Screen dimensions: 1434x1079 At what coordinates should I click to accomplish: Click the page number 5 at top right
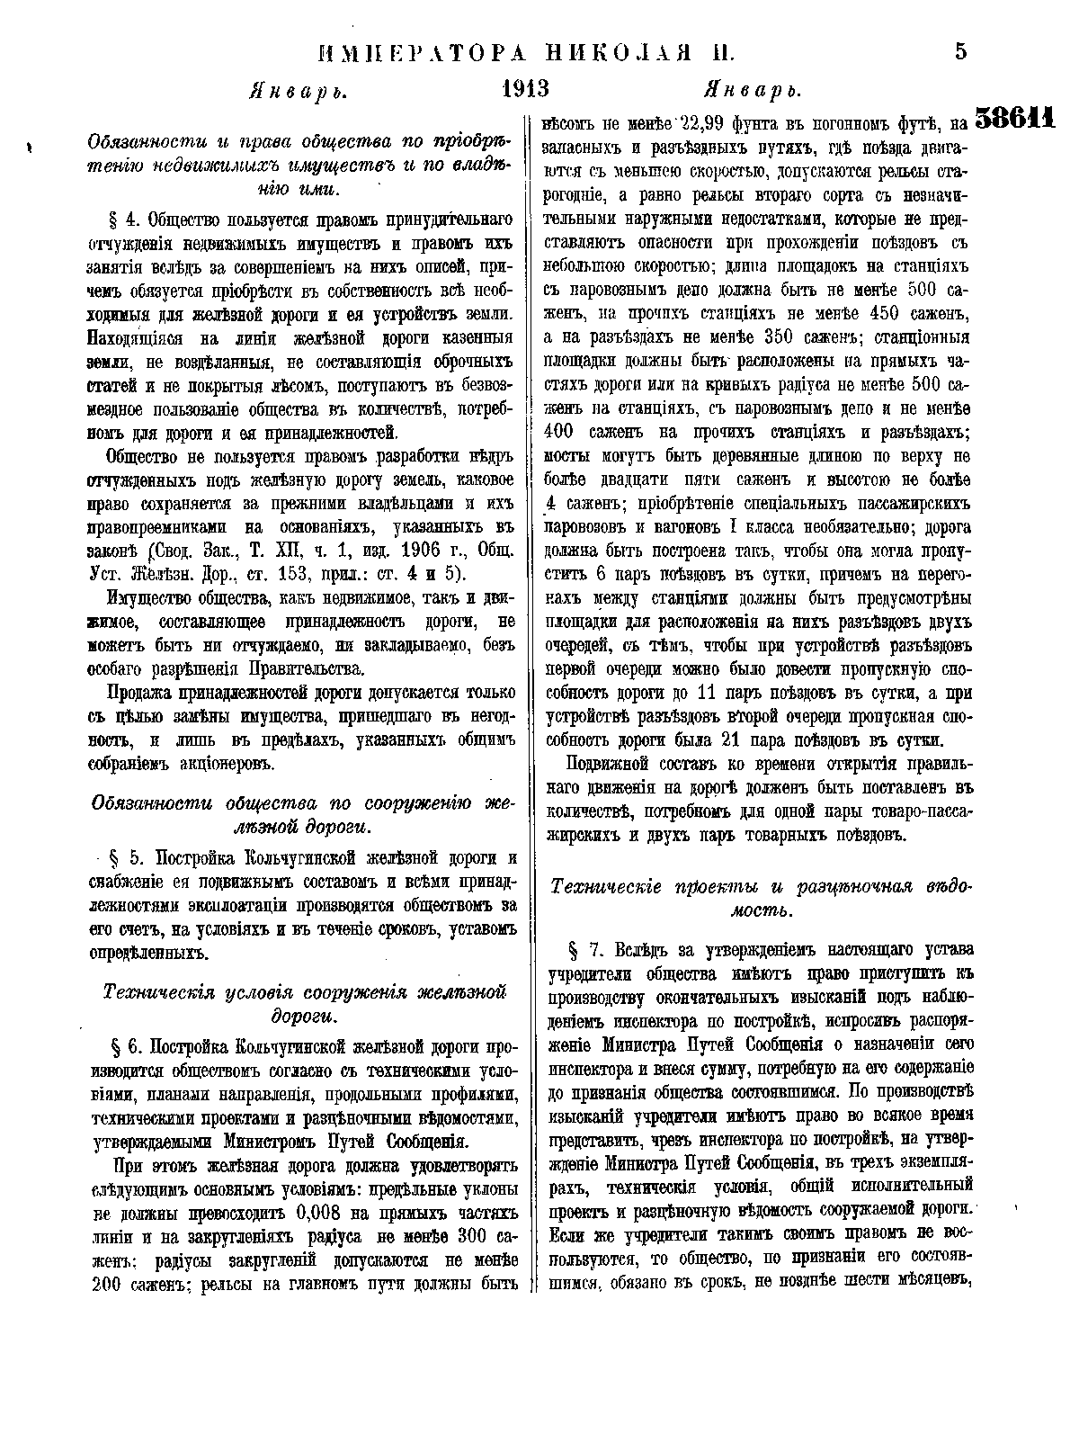(x=959, y=53)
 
